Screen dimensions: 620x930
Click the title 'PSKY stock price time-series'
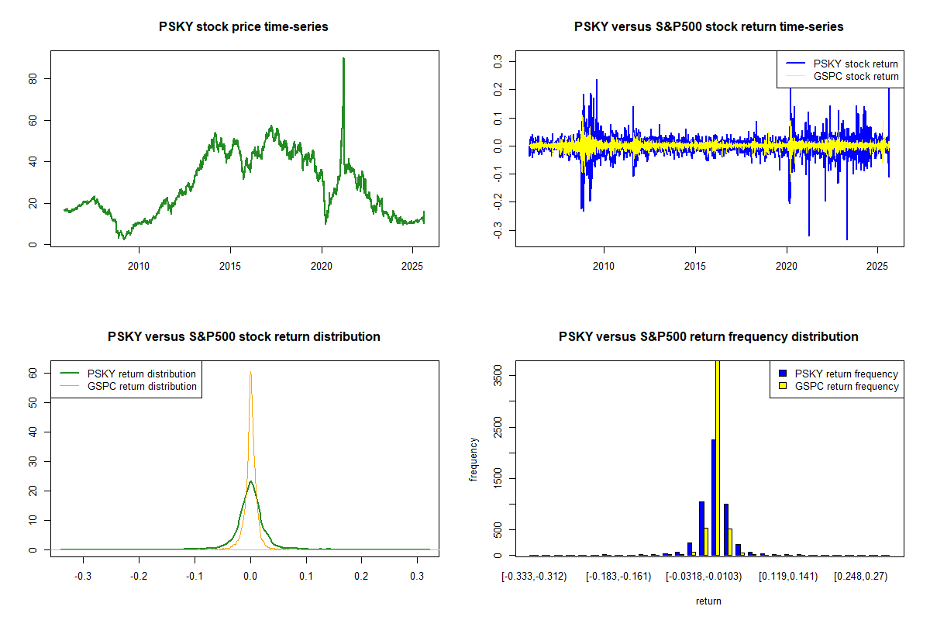click(243, 27)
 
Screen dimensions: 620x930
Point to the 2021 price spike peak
click(343, 59)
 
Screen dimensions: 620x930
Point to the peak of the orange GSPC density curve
click(250, 373)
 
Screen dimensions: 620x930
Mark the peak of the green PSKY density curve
click(250, 481)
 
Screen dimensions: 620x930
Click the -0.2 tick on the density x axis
click(139, 577)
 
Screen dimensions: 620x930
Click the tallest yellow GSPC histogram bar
click(718, 457)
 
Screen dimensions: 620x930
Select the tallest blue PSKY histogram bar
click(713, 497)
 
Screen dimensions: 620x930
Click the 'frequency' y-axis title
click(474, 460)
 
